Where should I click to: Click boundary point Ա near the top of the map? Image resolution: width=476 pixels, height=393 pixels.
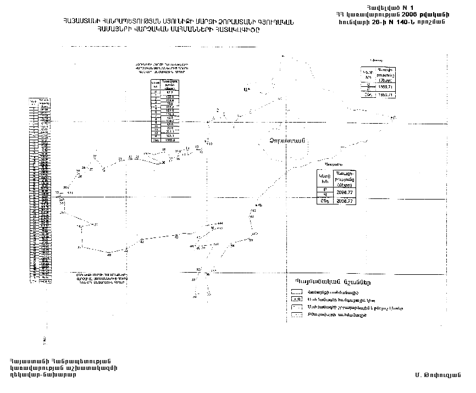pos(246,89)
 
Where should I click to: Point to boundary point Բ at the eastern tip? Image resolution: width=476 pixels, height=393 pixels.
pos(393,117)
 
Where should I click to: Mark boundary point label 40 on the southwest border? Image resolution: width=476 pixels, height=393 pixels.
pos(109,255)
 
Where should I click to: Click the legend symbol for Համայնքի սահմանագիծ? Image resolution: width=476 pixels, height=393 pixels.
pos(297,292)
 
